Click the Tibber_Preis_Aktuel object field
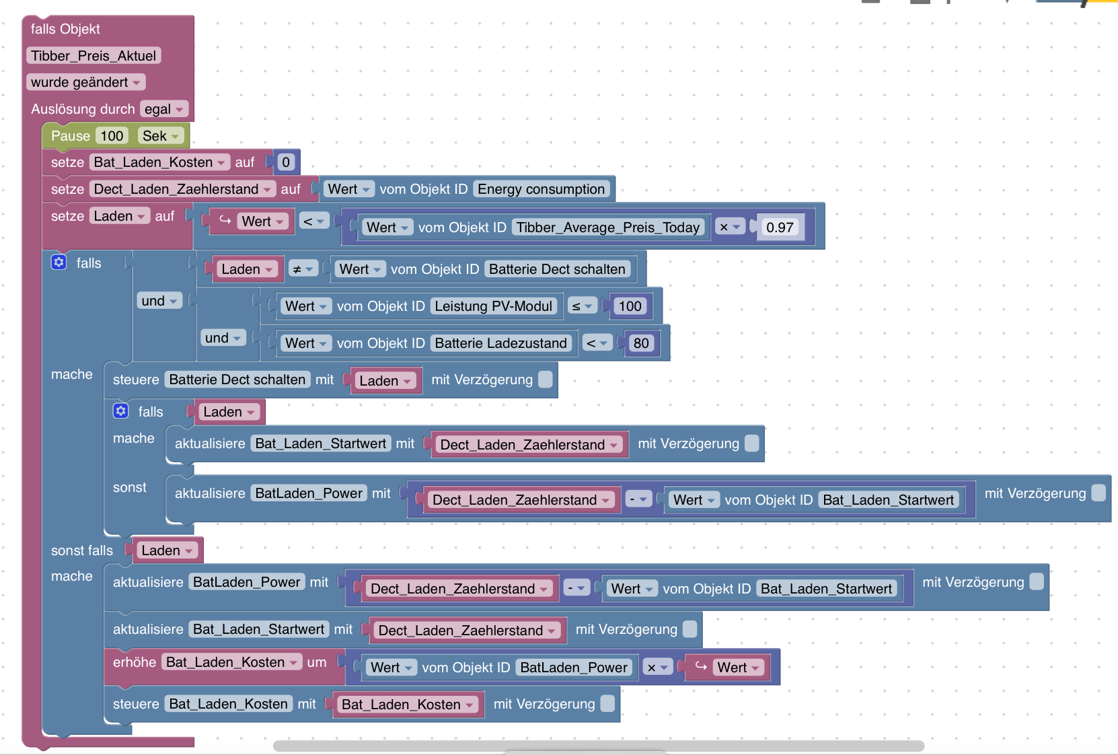tap(94, 55)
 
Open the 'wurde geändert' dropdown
tap(86, 82)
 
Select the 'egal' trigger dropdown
tap(163, 109)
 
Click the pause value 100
tap(112, 136)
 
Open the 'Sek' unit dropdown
tap(160, 136)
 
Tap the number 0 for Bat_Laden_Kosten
tap(286, 161)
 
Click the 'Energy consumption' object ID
tap(541, 188)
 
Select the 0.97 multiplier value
tap(780, 227)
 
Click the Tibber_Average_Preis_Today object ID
tap(608, 227)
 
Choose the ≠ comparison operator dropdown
tap(303, 269)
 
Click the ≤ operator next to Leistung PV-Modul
tap(582, 306)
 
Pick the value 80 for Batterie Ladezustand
tap(641, 343)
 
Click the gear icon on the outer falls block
tap(59, 262)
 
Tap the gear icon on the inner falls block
tap(121, 410)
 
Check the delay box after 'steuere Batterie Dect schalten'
tap(546, 380)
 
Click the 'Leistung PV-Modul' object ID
tap(494, 306)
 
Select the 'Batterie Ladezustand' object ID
tap(500, 343)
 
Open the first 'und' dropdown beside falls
tap(159, 301)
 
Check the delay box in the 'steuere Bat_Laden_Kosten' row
tap(607, 704)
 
